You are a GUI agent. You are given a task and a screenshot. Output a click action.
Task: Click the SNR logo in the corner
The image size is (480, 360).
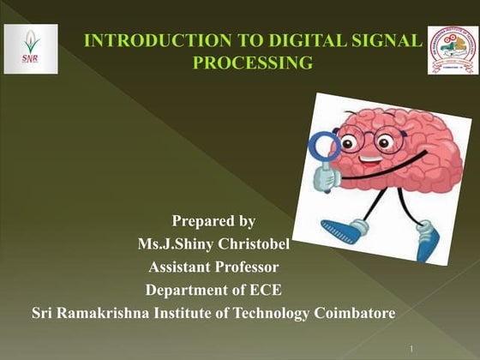(31, 49)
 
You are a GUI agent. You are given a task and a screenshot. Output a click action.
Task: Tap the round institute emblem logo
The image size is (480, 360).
(453, 50)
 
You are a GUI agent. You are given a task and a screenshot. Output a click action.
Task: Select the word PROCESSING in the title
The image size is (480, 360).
(252, 62)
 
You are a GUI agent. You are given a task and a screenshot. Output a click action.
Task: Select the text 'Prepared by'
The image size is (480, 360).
(213, 223)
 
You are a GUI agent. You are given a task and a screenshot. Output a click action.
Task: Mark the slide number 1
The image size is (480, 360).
(412, 348)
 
